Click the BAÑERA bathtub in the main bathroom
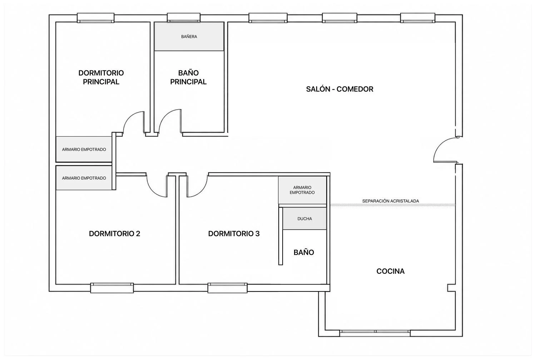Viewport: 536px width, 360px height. [189, 36]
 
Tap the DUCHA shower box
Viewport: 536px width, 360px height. [304, 218]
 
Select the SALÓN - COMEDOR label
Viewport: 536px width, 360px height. [339, 89]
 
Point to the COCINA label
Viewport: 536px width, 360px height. [390, 271]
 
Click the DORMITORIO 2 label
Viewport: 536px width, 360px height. [114, 234]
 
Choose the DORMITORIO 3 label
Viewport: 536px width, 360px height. [234, 234]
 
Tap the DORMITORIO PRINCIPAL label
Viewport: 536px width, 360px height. [101, 77]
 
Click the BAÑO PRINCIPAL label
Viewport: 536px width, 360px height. [188, 77]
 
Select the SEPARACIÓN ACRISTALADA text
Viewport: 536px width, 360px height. [391, 201]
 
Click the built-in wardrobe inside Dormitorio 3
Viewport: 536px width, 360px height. [302, 190]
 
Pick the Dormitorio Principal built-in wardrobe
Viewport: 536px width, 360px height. [84, 149]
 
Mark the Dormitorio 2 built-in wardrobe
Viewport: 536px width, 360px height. [84, 178]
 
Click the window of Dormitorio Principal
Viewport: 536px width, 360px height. [95, 18]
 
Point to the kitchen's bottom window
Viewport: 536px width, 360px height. [375, 333]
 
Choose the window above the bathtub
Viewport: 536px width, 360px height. [184, 17]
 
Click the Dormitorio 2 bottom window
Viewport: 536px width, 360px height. [112, 288]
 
